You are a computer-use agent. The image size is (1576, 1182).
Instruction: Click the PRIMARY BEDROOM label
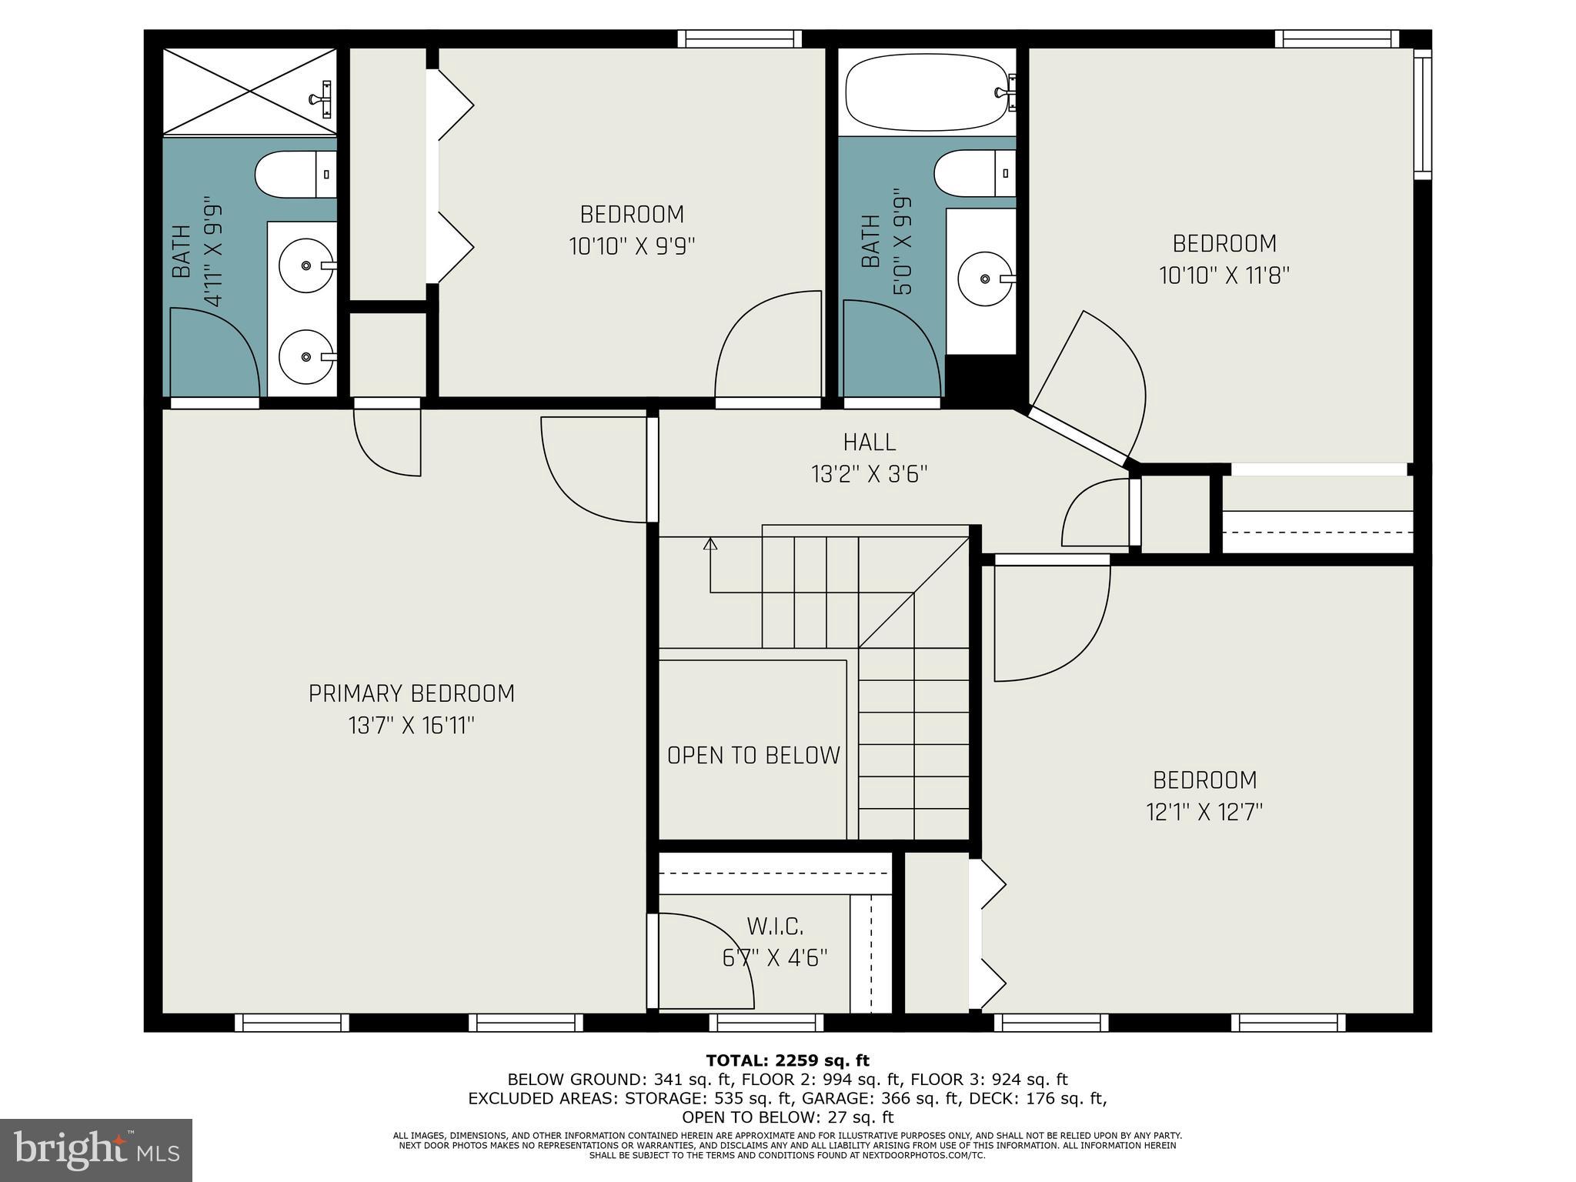coord(411,693)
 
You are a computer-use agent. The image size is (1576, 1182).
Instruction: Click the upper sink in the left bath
coord(306,265)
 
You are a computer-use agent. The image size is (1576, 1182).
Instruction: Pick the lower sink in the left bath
coord(306,356)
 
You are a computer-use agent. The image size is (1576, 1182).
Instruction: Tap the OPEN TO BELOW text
coord(753,756)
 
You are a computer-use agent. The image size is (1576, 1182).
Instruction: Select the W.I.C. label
coord(775,926)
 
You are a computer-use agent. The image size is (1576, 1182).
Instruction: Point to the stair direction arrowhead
coord(710,544)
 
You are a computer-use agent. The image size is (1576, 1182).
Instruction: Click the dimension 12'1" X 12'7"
coord(1204,812)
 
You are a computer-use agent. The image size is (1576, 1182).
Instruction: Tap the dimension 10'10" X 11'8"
coord(1224,275)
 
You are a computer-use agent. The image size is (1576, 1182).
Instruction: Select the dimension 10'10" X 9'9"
coord(632,246)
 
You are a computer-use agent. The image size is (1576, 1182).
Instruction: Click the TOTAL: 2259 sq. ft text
coord(787,1061)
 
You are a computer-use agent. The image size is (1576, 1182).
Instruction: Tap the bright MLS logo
coord(95,1150)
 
